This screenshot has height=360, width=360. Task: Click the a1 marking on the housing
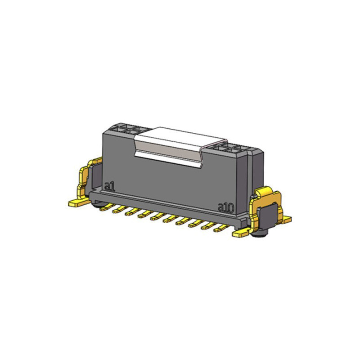click(109, 186)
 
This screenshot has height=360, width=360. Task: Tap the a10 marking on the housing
click(226, 208)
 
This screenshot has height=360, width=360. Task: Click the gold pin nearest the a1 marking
click(107, 207)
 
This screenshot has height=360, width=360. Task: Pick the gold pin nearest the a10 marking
click(221, 228)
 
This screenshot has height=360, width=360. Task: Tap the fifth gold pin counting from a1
click(158, 216)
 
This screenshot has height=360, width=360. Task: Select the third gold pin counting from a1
click(132, 212)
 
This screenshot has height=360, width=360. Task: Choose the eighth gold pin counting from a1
click(196, 224)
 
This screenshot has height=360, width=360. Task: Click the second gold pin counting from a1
click(120, 209)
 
